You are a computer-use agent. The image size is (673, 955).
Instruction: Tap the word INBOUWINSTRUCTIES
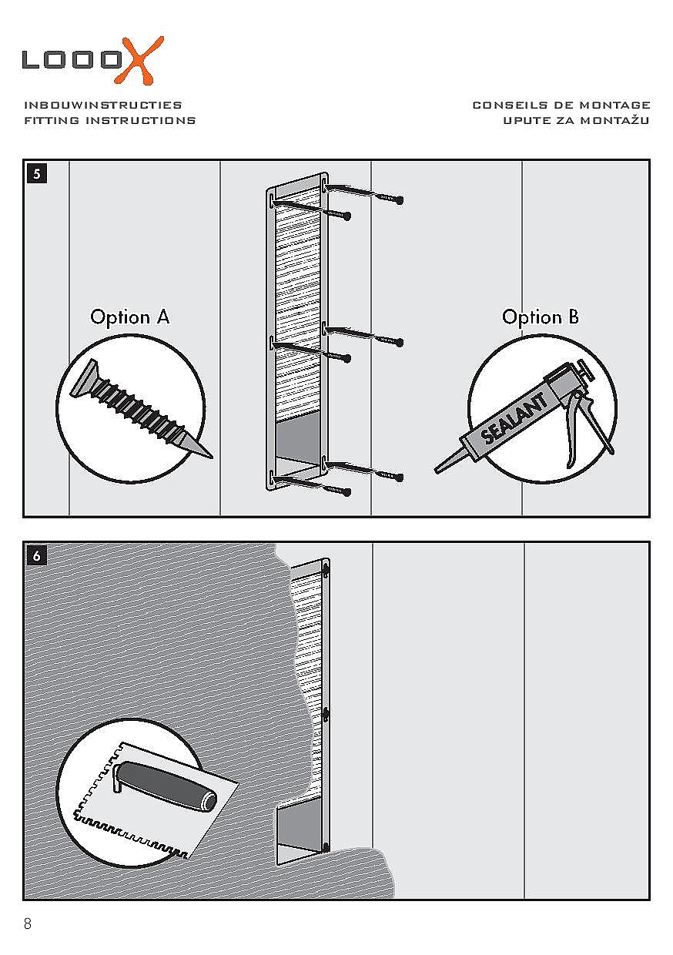tap(103, 105)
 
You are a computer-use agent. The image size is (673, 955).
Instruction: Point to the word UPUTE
tap(526, 120)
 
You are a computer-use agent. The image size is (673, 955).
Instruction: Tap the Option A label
tap(130, 317)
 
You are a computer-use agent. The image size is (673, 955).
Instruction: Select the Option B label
tap(541, 317)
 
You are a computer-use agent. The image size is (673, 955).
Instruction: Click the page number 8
tap(28, 924)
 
